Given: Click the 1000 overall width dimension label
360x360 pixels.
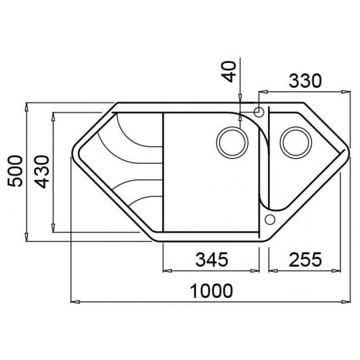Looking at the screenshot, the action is (211, 291).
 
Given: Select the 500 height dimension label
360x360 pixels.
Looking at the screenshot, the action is (15, 171).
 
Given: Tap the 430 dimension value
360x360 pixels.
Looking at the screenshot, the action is (42, 172).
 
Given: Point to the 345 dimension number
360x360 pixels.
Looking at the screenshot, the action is (211, 259).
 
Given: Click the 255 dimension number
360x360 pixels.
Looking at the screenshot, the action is (306, 260).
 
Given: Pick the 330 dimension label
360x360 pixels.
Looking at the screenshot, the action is (305, 81).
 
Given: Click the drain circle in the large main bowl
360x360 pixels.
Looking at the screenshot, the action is (232, 143).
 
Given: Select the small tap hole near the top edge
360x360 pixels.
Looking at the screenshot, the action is (259, 112).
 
